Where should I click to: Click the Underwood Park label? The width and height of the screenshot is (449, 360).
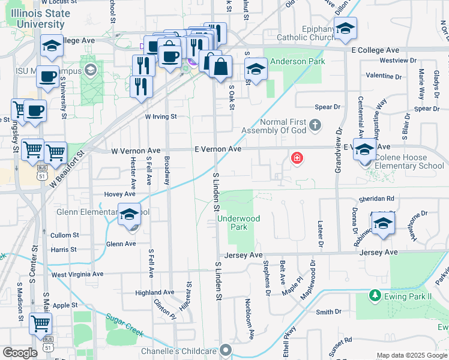[x=239, y=223]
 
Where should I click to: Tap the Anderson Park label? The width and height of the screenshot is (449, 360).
[x=297, y=61]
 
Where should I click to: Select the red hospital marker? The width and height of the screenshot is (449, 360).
[x=297, y=158]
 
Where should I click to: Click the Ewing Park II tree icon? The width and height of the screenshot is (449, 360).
[x=375, y=296]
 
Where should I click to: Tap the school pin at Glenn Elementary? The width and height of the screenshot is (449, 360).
[x=129, y=215]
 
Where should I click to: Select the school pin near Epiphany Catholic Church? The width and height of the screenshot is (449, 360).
[x=345, y=28]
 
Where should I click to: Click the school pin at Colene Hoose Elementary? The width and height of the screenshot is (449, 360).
[x=364, y=149]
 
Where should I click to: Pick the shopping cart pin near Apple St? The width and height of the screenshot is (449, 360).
[x=40, y=323]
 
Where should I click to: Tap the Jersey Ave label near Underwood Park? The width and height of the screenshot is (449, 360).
[x=243, y=255]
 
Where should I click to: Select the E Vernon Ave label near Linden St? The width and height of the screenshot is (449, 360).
[x=217, y=149]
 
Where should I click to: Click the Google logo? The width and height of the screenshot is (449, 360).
[x=20, y=352]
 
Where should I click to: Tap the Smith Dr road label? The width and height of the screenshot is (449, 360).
[x=328, y=312]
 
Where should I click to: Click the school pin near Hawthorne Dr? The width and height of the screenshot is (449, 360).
[x=382, y=223]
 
